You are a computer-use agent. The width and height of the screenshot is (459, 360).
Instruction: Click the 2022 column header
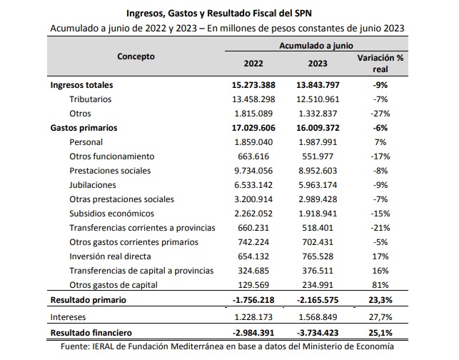(253, 64)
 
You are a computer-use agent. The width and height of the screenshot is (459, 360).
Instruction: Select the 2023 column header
(318, 64)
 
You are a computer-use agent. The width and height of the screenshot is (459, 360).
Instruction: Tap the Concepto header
(136, 56)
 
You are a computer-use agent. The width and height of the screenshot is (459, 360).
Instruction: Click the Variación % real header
(380, 64)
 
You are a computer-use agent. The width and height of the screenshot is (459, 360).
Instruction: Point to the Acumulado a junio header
(316, 46)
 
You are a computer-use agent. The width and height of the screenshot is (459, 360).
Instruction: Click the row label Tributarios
(91, 99)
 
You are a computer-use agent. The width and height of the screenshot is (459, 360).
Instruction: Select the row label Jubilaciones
(93, 185)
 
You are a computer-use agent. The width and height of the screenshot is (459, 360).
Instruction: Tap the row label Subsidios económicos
(111, 214)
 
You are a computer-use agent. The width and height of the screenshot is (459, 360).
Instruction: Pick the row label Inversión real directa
(110, 256)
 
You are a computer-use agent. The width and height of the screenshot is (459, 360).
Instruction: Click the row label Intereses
(68, 317)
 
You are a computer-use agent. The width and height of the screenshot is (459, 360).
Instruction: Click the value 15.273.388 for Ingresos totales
(253, 85)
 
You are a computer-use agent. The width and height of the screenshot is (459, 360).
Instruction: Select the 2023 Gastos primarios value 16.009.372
(318, 128)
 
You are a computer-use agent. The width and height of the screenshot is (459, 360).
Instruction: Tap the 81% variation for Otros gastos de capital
(380, 285)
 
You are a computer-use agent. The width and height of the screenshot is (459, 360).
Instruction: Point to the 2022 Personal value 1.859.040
(253, 142)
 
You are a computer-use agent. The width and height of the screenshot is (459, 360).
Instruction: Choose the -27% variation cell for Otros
(380, 114)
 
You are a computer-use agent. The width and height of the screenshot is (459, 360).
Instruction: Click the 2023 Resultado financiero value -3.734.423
(318, 333)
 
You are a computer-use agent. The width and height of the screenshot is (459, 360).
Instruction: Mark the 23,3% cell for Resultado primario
(380, 300)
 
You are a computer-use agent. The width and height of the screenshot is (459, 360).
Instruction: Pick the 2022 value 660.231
(253, 228)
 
